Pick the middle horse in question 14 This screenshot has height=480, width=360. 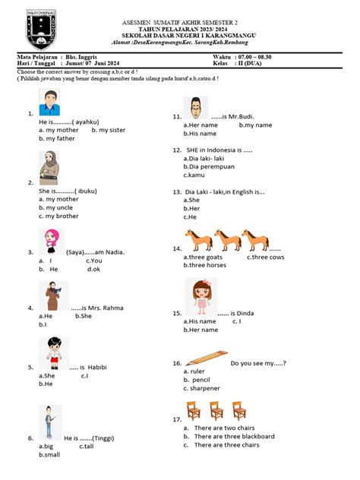click(x=229, y=240)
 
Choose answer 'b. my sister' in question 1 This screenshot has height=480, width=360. click(x=108, y=130)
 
